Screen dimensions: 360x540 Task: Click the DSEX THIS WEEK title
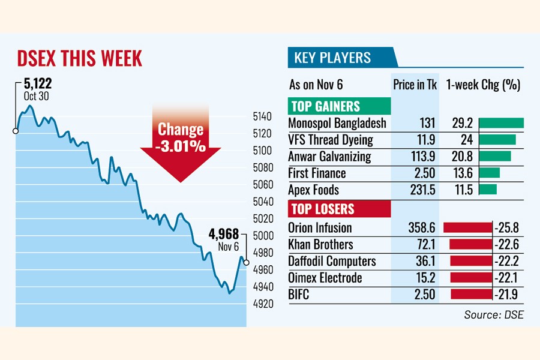[79, 58]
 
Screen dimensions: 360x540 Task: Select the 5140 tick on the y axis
[262, 116]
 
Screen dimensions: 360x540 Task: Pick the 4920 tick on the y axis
[262, 304]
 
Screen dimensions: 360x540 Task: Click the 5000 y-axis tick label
[262, 236]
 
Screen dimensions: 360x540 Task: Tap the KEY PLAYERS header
[332, 58]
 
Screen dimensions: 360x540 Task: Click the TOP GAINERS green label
[325, 107]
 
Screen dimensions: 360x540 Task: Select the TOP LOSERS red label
[323, 209]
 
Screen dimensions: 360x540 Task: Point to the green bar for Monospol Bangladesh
[502, 123]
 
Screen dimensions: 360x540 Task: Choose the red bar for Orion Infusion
[467, 228]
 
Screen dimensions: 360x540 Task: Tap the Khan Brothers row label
[320, 245]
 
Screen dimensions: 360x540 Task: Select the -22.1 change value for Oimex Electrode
[506, 278]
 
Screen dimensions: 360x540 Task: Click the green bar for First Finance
[490, 173]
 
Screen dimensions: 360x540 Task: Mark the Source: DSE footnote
[493, 314]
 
